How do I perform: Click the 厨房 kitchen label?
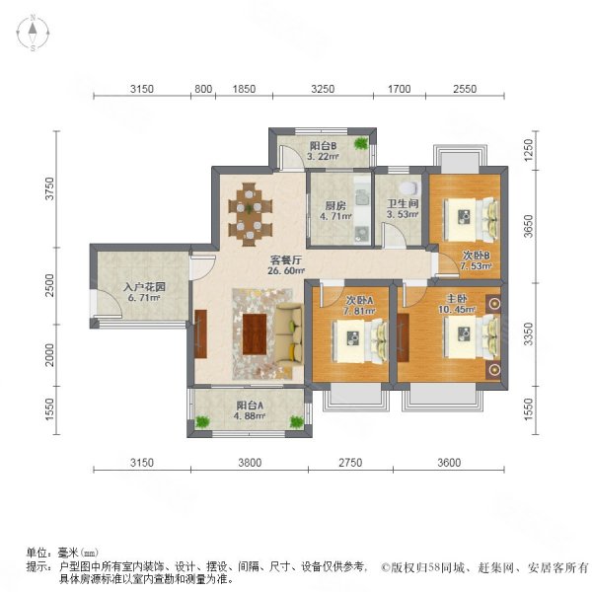[334, 206]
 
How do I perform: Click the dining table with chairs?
[250, 212]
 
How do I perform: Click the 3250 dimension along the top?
[323, 89]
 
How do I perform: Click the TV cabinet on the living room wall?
[200, 334]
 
